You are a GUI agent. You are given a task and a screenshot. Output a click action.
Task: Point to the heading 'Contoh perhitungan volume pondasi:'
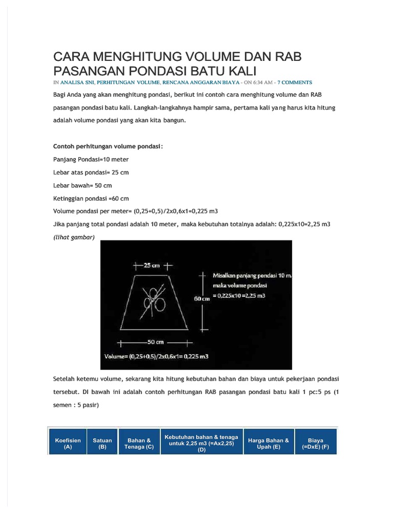coord(108,146)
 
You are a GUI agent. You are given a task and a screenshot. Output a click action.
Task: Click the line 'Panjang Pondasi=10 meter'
coord(91,159)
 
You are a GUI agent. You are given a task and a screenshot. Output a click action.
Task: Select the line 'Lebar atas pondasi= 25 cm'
coord(91,172)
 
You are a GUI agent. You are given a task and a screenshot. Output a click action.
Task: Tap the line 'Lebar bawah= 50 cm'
coord(82,185)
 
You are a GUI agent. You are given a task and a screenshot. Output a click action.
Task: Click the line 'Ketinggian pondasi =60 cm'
coord(91,198)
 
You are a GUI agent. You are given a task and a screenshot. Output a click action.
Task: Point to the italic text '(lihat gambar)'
coord(74,236)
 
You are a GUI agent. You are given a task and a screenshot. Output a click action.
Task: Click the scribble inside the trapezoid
coord(154,300)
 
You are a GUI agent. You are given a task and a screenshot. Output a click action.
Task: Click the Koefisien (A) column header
coord(68,443)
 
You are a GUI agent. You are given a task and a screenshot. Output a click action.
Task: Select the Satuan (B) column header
coord(102,443)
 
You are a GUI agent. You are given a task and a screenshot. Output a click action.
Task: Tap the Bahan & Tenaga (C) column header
coord(139,443)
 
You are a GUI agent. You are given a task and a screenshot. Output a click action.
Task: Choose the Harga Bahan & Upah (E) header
coord(269,443)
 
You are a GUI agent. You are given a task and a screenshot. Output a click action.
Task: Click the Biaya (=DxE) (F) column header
coord(315,443)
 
